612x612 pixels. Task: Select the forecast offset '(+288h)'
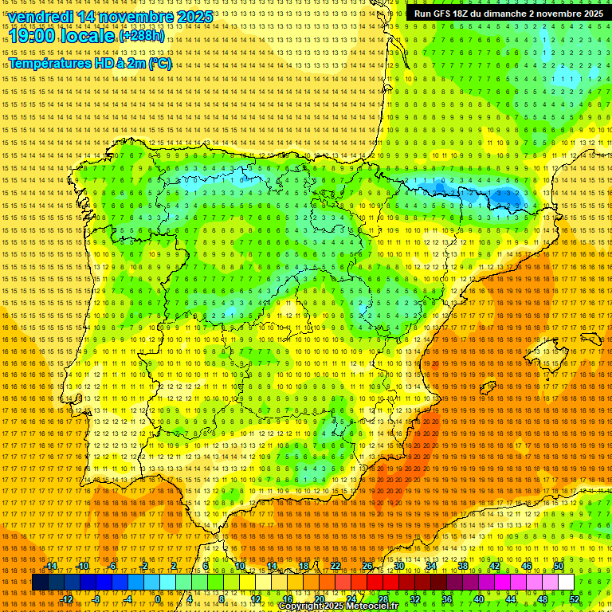point(142,36)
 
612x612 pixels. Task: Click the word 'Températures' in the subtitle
point(49,64)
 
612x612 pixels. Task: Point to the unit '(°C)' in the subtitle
point(159,64)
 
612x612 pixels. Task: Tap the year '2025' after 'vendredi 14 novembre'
point(195,17)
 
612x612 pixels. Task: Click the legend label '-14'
point(51,566)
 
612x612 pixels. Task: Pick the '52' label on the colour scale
point(574,599)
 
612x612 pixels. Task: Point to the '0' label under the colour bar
point(159,599)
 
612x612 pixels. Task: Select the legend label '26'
point(367,566)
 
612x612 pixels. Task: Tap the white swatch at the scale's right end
point(566,583)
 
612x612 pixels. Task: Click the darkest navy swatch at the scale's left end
point(39,583)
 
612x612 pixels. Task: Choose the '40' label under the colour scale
point(478,599)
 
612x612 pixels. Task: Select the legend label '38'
point(462,566)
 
